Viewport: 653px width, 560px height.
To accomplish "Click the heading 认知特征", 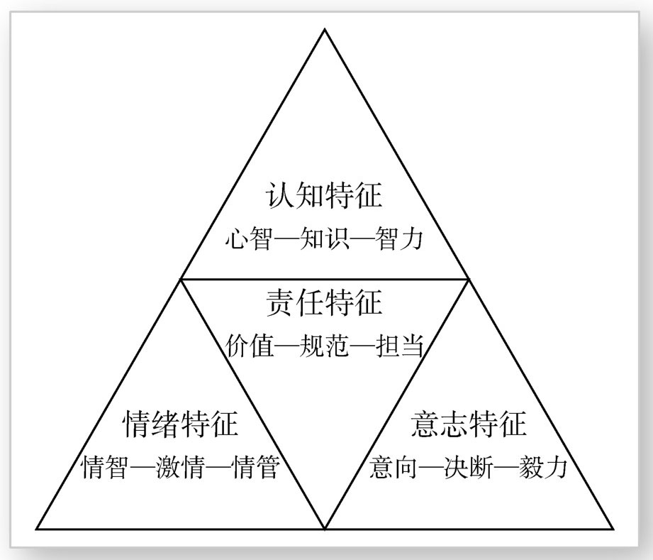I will pos(324,195).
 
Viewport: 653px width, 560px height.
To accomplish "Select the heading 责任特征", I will pos(324,303).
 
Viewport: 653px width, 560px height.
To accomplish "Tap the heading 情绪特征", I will pos(181,424).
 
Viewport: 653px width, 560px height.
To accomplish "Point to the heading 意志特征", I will pos(469,424).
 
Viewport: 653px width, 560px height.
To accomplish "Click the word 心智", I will pos(247,238).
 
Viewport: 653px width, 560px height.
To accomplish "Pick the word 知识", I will pos(324,238).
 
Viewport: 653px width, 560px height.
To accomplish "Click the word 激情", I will pos(181,468).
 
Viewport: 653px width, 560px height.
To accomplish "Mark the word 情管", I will pos(257,468).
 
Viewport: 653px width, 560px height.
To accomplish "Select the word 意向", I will pos(392,468).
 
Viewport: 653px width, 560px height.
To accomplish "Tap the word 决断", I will pos(469,468).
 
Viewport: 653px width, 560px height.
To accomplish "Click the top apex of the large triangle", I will pos(325,30).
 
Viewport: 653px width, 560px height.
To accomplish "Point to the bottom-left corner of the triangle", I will pos(37,529).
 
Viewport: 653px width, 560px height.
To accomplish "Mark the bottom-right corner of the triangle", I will pos(613,529).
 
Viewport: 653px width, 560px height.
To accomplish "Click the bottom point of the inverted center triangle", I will pos(325,529).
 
